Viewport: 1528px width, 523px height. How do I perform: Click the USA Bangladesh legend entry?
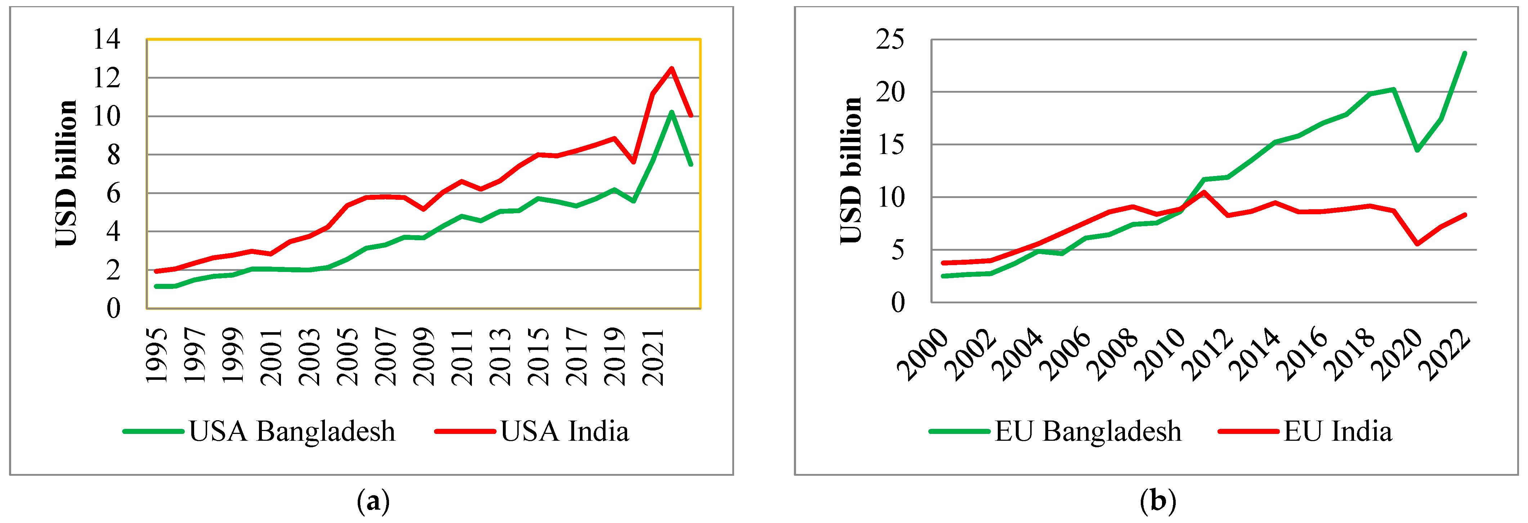(259, 432)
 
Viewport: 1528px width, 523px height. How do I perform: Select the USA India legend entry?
(532, 432)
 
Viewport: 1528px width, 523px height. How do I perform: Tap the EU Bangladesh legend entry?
(1055, 432)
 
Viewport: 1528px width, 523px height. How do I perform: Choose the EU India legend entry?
(1305, 432)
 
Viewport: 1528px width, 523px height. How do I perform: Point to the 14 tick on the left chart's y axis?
(107, 39)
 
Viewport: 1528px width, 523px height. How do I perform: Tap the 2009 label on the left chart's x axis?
(424, 355)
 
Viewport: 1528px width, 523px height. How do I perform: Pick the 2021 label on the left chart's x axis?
(653, 355)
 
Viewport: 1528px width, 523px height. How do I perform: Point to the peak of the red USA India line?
(671, 68)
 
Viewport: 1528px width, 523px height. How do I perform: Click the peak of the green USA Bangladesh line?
(671, 112)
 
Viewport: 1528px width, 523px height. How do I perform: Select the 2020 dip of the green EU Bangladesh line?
(1418, 150)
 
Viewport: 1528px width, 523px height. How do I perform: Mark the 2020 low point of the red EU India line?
(1418, 243)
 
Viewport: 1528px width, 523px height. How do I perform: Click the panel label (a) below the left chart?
(373, 502)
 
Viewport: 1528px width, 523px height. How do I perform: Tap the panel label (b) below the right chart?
(1157, 502)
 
